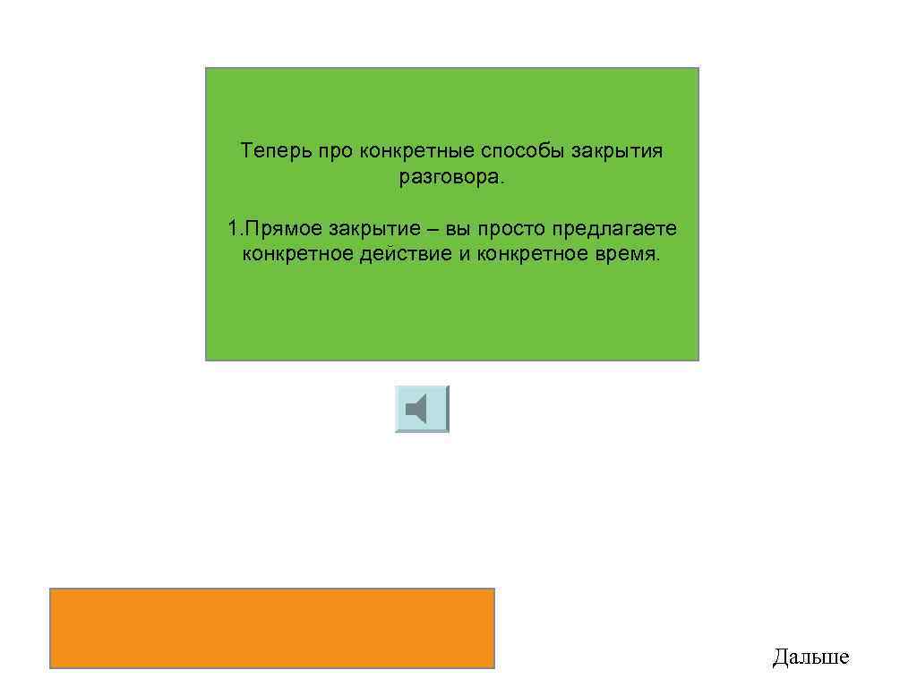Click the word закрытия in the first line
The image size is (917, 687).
pos(619,151)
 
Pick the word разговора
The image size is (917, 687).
pos(452,177)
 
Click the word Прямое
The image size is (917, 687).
pos(279,230)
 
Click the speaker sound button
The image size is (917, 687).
pos(422,410)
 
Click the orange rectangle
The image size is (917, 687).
pos(272,628)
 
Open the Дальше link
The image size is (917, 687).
pos(810,658)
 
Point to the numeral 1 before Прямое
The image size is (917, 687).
pos(232,230)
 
